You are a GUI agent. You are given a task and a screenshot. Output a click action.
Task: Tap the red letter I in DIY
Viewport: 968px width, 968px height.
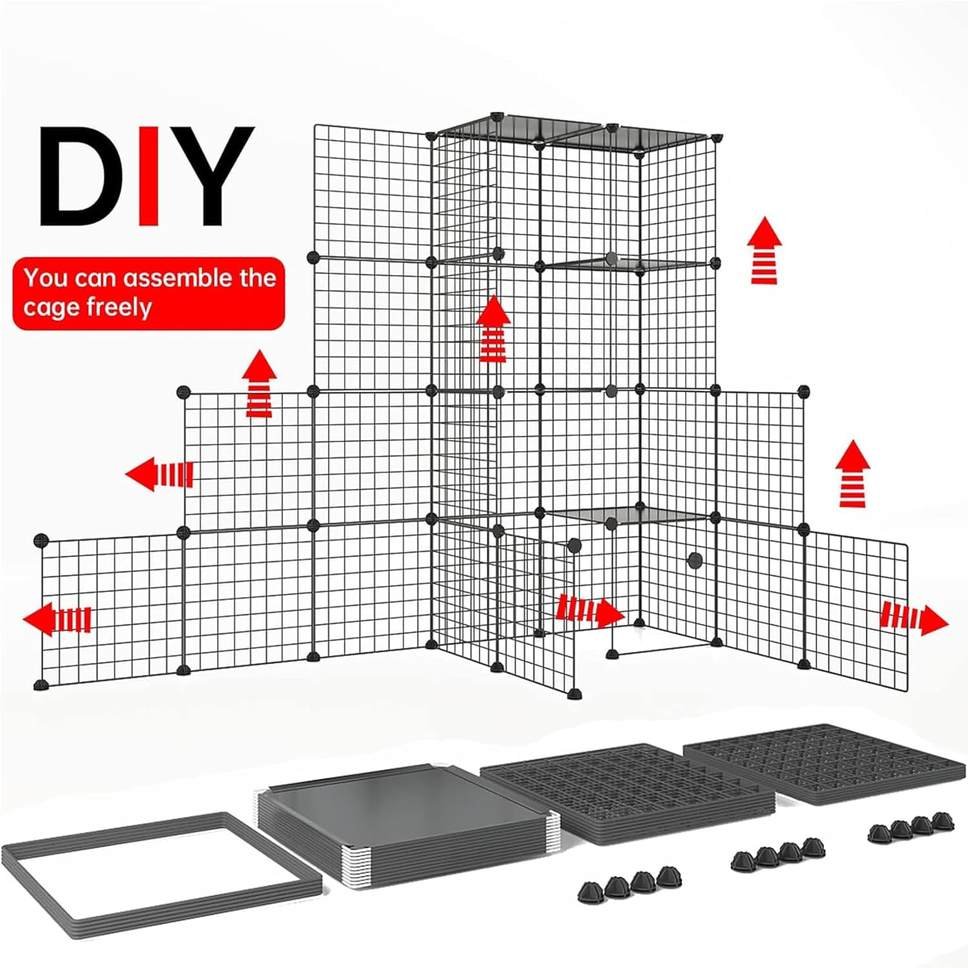(149, 176)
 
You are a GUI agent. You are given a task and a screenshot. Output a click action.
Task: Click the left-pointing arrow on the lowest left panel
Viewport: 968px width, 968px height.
(57, 620)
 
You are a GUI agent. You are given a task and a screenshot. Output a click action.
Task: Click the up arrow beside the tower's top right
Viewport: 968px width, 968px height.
(765, 250)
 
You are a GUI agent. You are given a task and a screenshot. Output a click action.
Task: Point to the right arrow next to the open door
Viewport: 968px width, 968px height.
(590, 610)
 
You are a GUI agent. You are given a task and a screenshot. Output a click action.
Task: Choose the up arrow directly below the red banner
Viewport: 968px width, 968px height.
(259, 384)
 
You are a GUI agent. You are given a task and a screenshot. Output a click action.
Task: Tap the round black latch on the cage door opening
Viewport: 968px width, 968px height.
(695, 560)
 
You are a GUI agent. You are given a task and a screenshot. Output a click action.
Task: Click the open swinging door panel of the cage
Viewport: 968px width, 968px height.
(536, 613)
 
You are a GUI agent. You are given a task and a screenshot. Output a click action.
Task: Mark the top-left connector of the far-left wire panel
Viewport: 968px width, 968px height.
(41, 539)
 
